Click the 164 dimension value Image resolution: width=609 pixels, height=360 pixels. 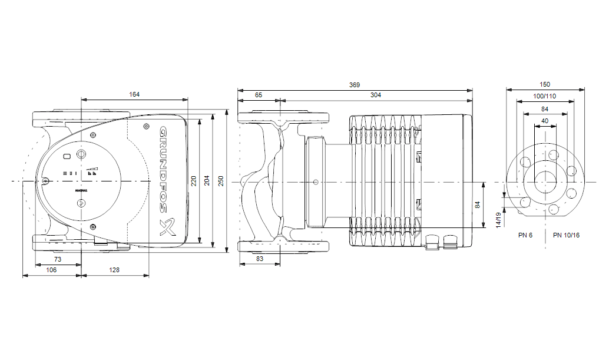134,94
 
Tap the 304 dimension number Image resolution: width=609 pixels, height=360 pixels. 375,94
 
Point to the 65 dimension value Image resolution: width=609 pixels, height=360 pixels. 259,94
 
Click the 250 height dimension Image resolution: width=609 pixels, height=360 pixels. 221,181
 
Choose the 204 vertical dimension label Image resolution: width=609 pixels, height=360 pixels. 207,181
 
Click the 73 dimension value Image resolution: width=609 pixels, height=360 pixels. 58,259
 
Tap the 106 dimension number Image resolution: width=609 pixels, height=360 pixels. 51,269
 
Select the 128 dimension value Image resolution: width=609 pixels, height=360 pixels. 114,269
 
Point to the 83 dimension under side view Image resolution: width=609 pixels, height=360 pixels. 260,259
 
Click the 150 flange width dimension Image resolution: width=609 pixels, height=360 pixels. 545,85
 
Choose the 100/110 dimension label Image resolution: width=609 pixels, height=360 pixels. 545,96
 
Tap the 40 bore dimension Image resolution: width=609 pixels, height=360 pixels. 545,121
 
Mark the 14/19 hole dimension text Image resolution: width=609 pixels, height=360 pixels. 498,219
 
